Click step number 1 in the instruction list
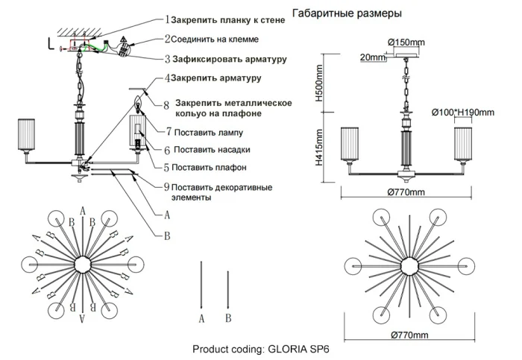click(x=167, y=19)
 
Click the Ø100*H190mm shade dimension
click(x=462, y=113)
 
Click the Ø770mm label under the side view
click(x=406, y=192)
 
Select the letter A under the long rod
click(x=201, y=318)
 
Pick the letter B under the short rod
click(x=228, y=318)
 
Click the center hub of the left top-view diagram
click(x=81, y=265)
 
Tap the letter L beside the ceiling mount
click(x=49, y=43)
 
